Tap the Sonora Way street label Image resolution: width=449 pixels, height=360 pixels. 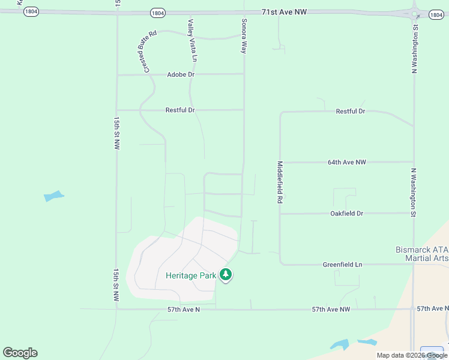coord(244,35)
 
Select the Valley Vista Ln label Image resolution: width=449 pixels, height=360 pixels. coord(192,40)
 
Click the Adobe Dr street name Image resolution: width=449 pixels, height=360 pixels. coord(181,74)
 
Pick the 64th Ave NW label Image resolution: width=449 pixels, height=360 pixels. coord(346,162)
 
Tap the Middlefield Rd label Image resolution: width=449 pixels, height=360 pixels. coord(280,182)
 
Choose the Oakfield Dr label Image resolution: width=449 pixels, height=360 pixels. coord(347,213)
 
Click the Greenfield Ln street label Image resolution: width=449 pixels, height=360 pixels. coord(342,264)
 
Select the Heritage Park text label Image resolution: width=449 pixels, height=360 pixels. coord(191,275)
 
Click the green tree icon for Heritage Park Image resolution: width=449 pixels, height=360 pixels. coord(226,275)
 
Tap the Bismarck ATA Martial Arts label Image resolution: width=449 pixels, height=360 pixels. coord(421,253)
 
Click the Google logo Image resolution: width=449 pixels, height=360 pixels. coord(20,353)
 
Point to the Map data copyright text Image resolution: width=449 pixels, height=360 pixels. coord(411,355)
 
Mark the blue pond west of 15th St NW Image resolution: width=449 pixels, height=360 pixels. coord(53,196)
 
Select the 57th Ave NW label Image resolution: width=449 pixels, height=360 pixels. coord(331,309)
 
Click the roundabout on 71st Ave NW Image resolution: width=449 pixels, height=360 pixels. coord(414,13)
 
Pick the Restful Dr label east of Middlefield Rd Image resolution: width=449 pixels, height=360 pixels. coord(351,111)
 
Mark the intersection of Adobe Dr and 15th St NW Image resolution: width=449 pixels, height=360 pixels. coord(117,75)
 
